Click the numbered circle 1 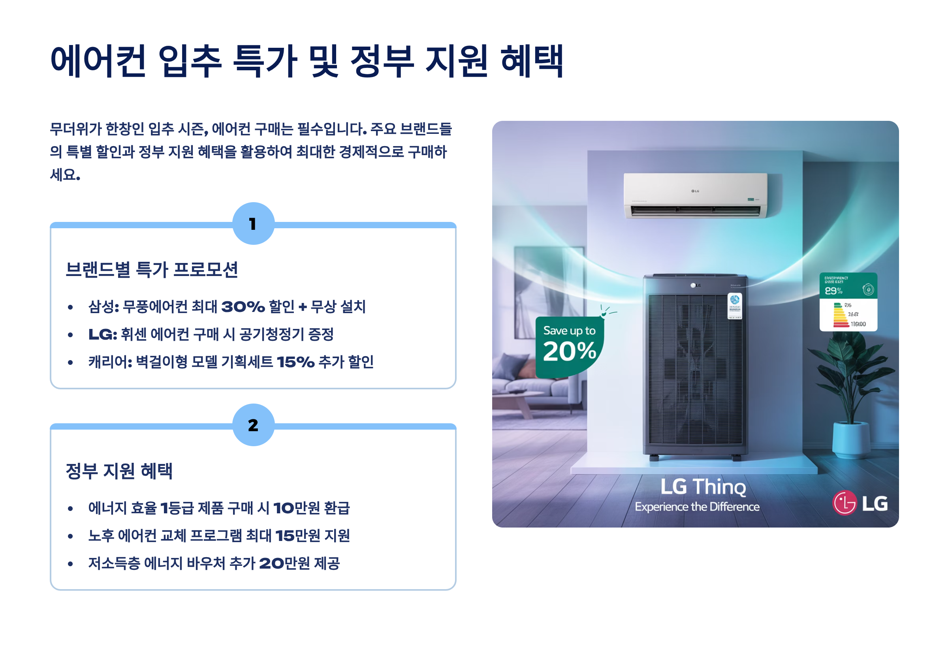pyautogui.click(x=253, y=223)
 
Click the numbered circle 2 pyautogui.click(x=253, y=425)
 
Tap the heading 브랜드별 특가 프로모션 pyautogui.click(x=152, y=269)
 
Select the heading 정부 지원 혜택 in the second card pyautogui.click(x=119, y=471)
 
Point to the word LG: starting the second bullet pyautogui.click(x=103, y=334)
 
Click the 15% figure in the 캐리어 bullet pyautogui.click(x=295, y=362)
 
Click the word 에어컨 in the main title pyautogui.click(x=98, y=61)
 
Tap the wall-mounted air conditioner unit pyautogui.click(x=695, y=195)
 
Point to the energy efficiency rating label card pyautogui.click(x=848, y=302)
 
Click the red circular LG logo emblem pyautogui.click(x=845, y=503)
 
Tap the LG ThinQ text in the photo pyautogui.click(x=703, y=486)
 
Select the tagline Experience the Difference pyautogui.click(x=697, y=507)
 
